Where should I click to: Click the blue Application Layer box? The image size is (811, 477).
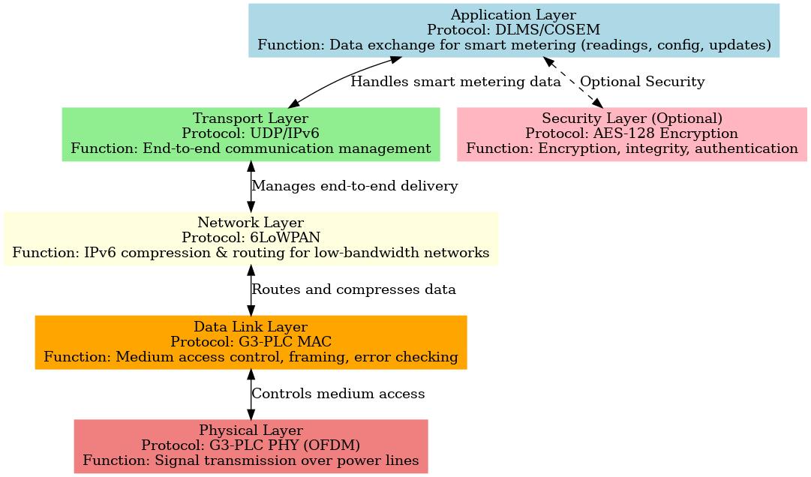(514, 30)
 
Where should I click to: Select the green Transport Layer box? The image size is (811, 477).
(250, 134)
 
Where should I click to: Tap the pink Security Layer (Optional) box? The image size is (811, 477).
(631, 134)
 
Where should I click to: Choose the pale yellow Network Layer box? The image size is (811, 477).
(251, 238)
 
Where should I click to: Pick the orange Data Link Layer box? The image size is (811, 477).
(251, 342)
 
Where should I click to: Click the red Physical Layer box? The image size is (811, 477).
(251, 445)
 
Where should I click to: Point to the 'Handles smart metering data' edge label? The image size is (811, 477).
(455, 81)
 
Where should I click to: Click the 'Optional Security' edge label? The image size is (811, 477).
(642, 82)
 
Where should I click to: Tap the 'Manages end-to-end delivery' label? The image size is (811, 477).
(354, 186)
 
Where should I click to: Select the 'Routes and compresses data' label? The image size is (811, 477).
(353, 289)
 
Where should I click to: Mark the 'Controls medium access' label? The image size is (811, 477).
(338, 394)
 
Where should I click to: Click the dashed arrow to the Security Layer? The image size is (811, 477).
(574, 82)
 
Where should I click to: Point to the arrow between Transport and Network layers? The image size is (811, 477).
(251, 186)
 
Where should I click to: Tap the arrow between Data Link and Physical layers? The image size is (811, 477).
(251, 394)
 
